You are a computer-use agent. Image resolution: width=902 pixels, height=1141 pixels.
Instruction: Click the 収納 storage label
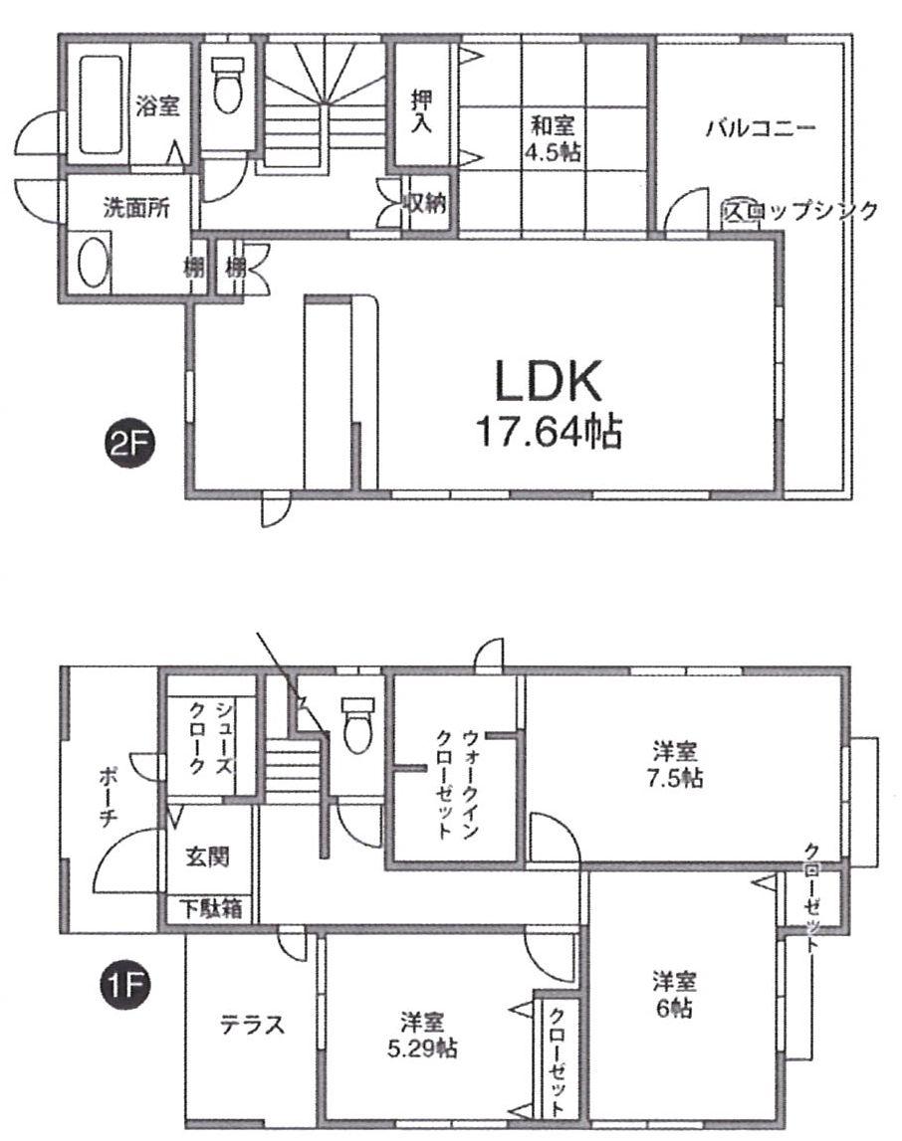(423, 205)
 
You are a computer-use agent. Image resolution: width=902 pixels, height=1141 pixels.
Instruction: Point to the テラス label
(252, 1025)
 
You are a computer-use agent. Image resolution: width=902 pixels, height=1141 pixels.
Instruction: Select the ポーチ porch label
(110, 796)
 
